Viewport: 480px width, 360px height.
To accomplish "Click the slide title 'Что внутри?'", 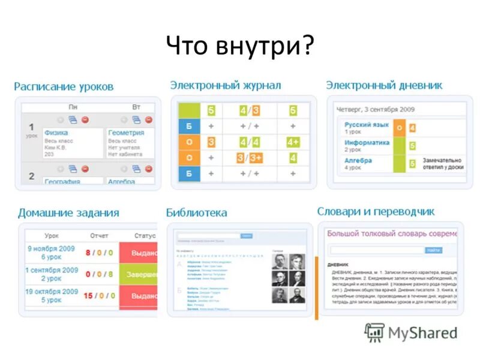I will [x=240, y=46].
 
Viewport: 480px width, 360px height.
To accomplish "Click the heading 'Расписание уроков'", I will [x=64, y=86].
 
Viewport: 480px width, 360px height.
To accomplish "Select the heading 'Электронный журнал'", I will [x=225, y=85].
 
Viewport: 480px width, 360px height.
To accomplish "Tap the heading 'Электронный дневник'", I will [x=384, y=85].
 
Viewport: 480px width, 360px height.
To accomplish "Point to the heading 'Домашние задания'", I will [x=68, y=212].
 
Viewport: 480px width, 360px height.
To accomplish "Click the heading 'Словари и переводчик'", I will [x=376, y=211].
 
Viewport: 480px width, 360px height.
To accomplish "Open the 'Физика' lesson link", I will [x=56, y=133].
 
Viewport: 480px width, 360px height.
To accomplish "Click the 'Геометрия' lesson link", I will [x=126, y=133].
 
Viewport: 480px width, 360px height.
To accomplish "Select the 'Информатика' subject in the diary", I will [x=367, y=143].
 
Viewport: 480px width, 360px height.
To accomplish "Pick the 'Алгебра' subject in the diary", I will [x=358, y=161].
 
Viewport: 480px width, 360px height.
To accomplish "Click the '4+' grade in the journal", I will [x=293, y=142].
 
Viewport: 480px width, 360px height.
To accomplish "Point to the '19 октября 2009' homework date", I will [x=52, y=292].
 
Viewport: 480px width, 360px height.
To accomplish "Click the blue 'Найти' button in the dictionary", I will [x=433, y=250].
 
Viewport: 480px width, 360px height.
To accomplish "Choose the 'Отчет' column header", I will [x=99, y=236].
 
